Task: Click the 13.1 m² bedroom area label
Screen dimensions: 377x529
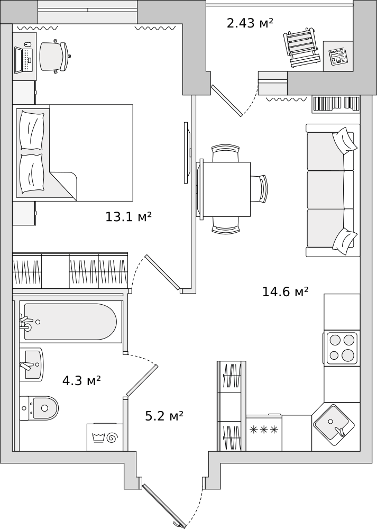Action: [x=128, y=217]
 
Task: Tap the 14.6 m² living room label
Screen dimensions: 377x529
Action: [x=286, y=291]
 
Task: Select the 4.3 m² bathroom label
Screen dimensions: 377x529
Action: [x=81, y=380]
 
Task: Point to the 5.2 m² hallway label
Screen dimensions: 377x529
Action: [x=164, y=416]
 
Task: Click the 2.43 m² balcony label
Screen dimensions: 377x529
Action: [x=250, y=23]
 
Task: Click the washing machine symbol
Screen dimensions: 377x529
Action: [x=105, y=437]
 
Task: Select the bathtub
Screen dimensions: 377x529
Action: [x=70, y=322]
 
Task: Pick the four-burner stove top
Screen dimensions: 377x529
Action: [x=342, y=348]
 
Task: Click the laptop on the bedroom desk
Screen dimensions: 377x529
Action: [x=24, y=60]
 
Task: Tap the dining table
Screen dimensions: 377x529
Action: [x=225, y=189]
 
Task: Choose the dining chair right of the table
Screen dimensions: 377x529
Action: [x=259, y=189]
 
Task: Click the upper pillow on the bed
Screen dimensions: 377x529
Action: [x=32, y=130]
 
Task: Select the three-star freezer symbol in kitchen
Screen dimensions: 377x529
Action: [x=264, y=430]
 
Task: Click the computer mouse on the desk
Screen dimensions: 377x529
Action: [x=27, y=44]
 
